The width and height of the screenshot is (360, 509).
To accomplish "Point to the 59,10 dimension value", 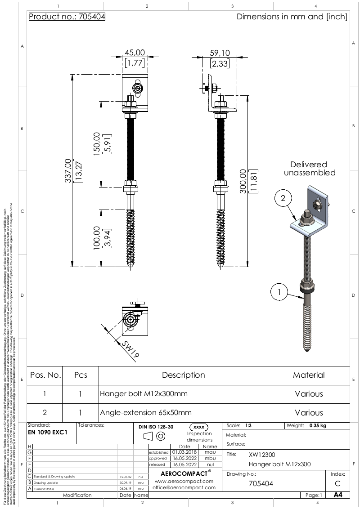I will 219,53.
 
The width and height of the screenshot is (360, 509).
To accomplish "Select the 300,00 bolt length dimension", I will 243,181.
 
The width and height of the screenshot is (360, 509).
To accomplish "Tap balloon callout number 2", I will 283,198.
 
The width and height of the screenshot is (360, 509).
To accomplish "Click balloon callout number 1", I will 279,292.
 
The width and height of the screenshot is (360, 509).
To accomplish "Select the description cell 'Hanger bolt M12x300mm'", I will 144,394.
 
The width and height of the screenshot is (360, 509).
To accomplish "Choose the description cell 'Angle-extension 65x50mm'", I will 146,412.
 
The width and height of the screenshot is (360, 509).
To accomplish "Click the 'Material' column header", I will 309,375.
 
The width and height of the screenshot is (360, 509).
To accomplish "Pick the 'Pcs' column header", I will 80,375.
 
